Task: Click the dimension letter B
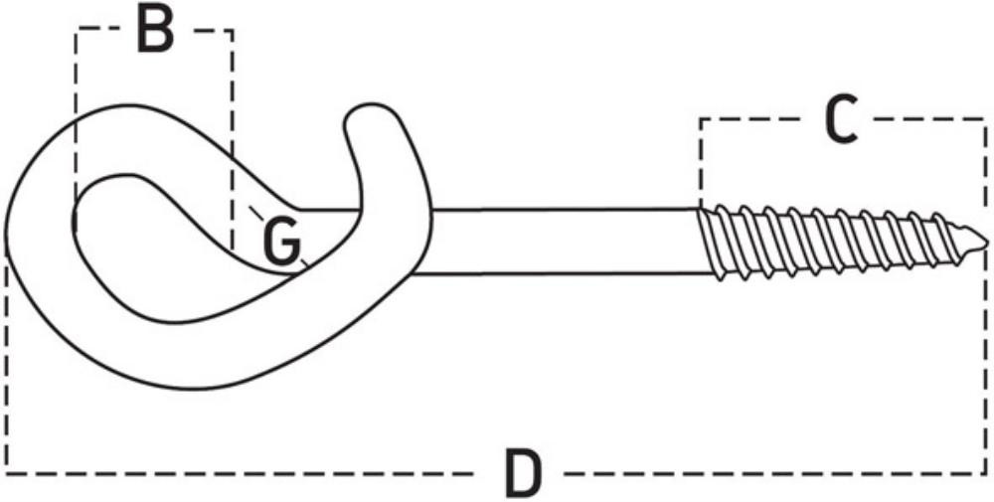(x=155, y=31)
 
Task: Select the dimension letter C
(x=841, y=121)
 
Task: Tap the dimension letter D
(x=524, y=473)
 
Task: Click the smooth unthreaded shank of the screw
(x=557, y=242)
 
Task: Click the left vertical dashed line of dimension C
(x=700, y=159)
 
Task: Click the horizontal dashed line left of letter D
(x=248, y=472)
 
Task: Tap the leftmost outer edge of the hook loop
(x=6, y=234)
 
